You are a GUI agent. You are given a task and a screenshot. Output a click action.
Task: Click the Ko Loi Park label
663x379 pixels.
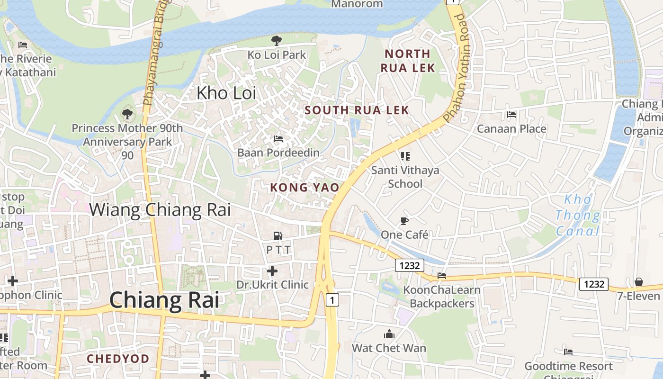pyautogui.click(x=277, y=55)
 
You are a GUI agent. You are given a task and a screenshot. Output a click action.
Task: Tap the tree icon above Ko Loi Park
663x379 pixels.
pyautogui.click(x=277, y=41)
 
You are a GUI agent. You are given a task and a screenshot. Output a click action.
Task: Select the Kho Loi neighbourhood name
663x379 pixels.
pyautogui.click(x=226, y=93)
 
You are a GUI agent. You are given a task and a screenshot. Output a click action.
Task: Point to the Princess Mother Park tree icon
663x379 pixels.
pyautogui.click(x=127, y=114)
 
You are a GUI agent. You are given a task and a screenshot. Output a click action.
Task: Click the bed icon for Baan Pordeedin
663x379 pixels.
pyautogui.click(x=278, y=139)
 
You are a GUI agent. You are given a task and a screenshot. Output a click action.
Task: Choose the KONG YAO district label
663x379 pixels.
pyautogui.click(x=305, y=188)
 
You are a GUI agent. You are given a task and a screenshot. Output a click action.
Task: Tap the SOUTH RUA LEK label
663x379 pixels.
pyautogui.click(x=357, y=110)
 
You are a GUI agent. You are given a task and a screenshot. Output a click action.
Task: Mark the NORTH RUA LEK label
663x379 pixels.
pyautogui.click(x=407, y=61)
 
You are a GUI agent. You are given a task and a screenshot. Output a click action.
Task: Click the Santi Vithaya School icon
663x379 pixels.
pyautogui.click(x=405, y=156)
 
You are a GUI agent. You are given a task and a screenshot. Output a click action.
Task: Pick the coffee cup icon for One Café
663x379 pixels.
pyautogui.click(x=404, y=221)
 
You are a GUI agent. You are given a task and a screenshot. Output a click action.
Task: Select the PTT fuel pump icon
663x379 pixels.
pyautogui.click(x=278, y=235)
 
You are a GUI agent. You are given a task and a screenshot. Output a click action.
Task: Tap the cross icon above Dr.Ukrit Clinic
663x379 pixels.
pyautogui.click(x=272, y=271)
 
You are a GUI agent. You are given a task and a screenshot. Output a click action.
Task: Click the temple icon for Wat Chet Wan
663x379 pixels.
pyautogui.click(x=389, y=334)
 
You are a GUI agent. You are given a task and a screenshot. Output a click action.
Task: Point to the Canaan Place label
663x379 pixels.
pyautogui.click(x=511, y=129)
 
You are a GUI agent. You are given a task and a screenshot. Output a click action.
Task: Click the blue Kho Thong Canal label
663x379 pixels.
pyautogui.click(x=577, y=215)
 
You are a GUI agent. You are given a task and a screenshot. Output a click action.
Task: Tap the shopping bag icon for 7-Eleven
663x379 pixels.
pyautogui.click(x=639, y=282)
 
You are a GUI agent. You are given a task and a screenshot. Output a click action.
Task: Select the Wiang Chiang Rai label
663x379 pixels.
pyautogui.click(x=160, y=209)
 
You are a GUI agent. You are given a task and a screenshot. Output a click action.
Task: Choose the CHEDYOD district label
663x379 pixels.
pyautogui.click(x=118, y=359)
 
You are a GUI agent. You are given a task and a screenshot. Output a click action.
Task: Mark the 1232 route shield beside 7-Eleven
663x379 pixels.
pyautogui.click(x=594, y=284)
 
